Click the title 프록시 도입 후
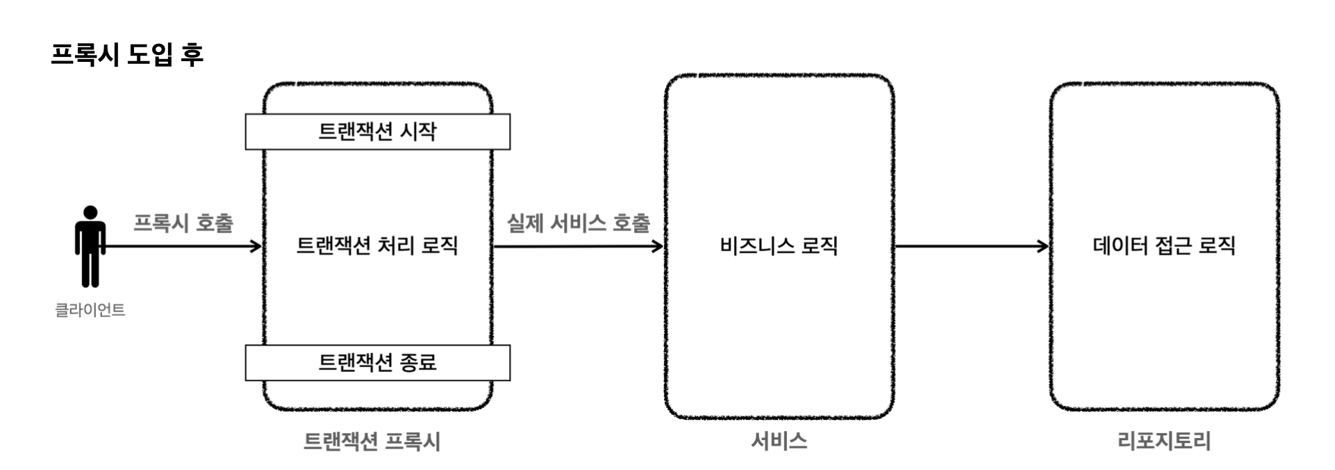[x=127, y=54]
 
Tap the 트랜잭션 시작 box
[x=377, y=131]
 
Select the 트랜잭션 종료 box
[x=377, y=362]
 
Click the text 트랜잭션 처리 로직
[x=377, y=245]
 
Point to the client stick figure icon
[x=90, y=247]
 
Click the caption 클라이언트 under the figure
[x=90, y=310]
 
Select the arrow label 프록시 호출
[x=183, y=223]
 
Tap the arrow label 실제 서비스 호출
[x=578, y=223]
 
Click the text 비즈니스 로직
[x=779, y=245]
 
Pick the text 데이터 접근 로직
[x=1164, y=245]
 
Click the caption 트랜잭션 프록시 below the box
[x=372, y=441]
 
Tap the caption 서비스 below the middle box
[x=779, y=441]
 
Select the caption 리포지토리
[x=1164, y=441]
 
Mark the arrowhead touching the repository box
[x=1043, y=246]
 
